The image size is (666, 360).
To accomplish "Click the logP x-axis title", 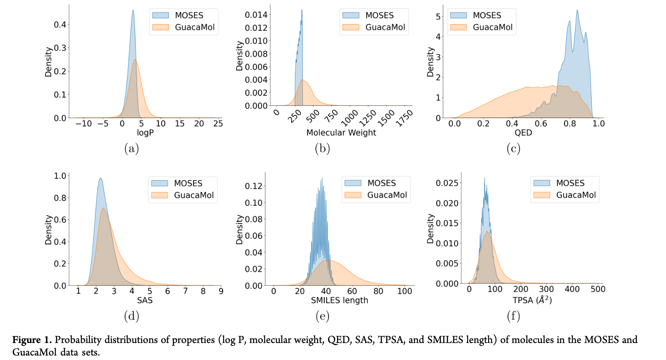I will tap(145, 133).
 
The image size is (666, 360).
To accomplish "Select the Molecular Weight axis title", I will tap(341, 133).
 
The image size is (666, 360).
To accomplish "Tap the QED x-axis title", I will tap(523, 133).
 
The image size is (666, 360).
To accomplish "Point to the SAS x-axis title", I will tap(145, 300).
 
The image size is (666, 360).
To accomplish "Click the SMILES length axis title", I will tap(339, 300).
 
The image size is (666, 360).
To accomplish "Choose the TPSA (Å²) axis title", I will tap(532, 300).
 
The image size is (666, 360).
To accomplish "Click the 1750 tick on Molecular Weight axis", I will tap(405, 118).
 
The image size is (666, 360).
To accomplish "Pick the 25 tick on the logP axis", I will tap(218, 124).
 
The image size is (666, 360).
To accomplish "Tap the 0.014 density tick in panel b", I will tap(256, 15).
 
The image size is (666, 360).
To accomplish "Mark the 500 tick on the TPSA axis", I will tap(598, 289).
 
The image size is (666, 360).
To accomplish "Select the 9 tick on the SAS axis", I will tap(221, 291).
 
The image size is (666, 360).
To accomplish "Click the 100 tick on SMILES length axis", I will tap(405, 291).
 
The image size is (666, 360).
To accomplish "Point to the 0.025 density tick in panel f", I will tap(447, 183).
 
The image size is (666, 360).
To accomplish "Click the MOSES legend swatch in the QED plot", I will tap(458, 15).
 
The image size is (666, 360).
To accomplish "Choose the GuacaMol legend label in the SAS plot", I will tap(194, 195).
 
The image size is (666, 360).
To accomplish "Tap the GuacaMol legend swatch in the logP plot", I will tap(161, 27).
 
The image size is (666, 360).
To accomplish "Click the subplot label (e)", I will tap(323, 316).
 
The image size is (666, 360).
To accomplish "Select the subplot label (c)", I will tap(513, 149).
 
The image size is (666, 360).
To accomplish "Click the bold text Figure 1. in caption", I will tap(32, 340).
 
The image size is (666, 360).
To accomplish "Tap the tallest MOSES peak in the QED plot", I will tap(577, 10).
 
